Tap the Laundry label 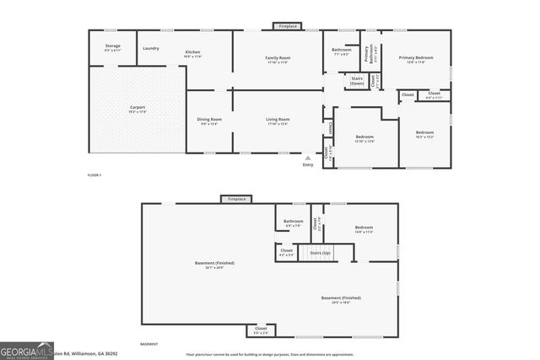(x=151, y=48)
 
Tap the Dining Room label (x=209, y=121)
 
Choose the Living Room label (x=278, y=121)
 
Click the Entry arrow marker (x=308, y=158)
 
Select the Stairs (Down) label (x=357, y=82)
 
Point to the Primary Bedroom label (x=416, y=59)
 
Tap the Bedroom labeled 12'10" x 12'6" (x=364, y=138)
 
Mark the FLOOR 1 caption (x=94, y=175)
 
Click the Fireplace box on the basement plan (x=235, y=199)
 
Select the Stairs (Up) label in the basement (x=321, y=252)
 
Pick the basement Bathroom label (x=294, y=223)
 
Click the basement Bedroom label (x=364, y=229)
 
